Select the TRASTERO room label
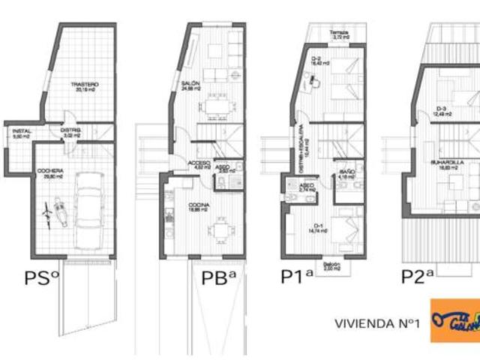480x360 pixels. click(x=85, y=85)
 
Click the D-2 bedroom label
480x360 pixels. click(x=316, y=59)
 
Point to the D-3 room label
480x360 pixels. click(x=442, y=110)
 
